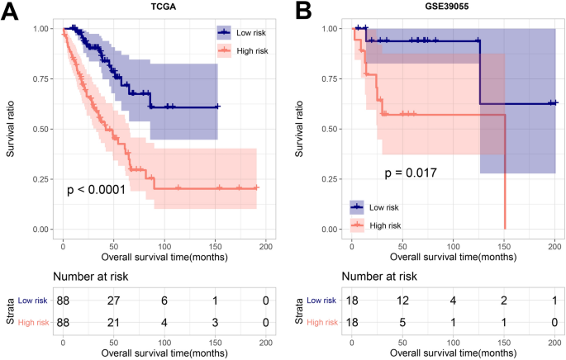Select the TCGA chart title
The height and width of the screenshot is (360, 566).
[160, 10]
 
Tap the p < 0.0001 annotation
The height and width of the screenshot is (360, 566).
[96, 191]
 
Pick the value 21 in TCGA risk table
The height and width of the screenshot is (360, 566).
[112, 321]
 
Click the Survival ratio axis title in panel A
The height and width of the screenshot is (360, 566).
[10, 129]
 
